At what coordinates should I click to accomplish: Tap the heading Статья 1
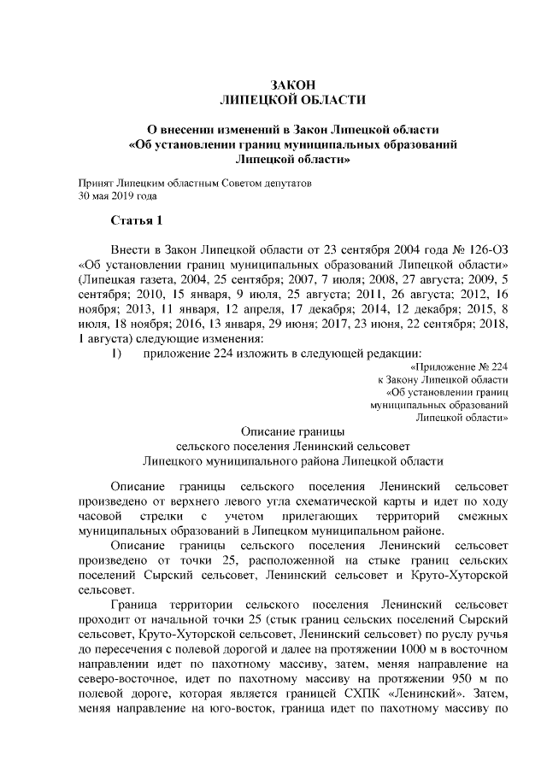(137, 222)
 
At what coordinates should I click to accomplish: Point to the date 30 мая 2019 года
(118, 196)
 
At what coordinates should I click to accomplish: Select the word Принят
(95, 183)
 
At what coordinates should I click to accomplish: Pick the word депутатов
(288, 183)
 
